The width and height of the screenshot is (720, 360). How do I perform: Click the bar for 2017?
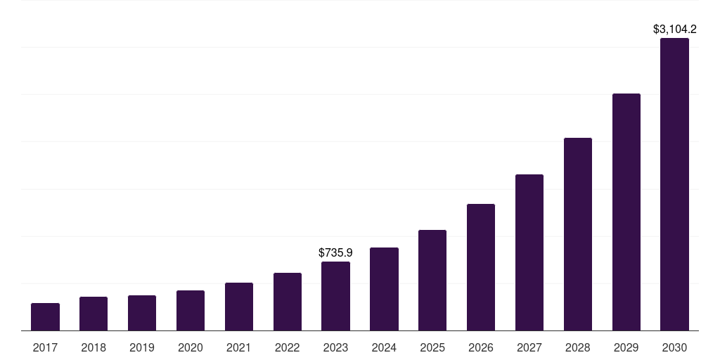tap(45, 317)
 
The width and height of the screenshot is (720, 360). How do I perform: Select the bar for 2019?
tap(142, 313)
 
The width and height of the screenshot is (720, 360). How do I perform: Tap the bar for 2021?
tap(239, 307)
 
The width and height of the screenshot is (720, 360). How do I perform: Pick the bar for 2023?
tap(335, 296)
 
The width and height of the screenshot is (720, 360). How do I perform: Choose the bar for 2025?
tap(432, 281)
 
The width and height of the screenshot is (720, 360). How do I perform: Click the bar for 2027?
tap(529, 252)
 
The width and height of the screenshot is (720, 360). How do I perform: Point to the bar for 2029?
tap(626, 212)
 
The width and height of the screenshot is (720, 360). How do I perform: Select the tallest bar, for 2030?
tap(674, 184)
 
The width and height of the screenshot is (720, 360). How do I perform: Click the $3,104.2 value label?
tap(674, 30)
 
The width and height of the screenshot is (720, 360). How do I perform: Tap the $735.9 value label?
tap(335, 252)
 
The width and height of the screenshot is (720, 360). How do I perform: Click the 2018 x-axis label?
tap(94, 347)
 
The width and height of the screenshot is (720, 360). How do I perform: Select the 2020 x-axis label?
tap(191, 347)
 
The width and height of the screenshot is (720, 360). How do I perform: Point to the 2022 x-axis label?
tap(288, 347)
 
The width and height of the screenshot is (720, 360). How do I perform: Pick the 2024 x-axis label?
tap(384, 347)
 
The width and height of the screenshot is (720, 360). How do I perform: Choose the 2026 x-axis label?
tap(481, 347)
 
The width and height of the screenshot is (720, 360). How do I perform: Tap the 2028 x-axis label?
tap(578, 347)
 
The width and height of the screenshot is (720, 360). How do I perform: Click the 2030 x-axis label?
tap(674, 347)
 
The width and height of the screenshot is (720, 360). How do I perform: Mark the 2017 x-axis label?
tap(45, 347)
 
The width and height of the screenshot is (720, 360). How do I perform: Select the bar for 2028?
tap(578, 234)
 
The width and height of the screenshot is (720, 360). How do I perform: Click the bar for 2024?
tap(384, 289)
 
